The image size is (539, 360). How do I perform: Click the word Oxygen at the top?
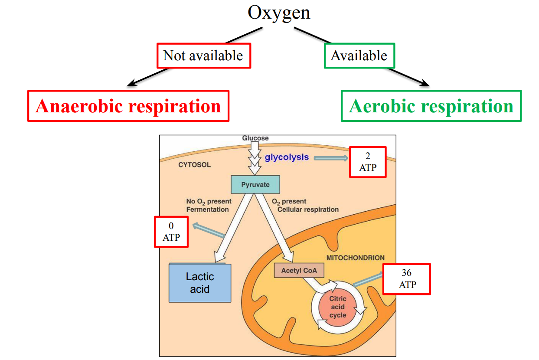[279, 13]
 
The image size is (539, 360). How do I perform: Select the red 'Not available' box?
[203, 56]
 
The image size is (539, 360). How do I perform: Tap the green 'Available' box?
[359, 56]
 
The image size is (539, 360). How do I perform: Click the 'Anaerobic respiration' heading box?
[128, 106]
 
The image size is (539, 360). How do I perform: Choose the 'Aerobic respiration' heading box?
[431, 106]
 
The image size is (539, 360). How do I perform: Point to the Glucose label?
[255, 138]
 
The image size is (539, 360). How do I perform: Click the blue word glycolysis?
[287, 157]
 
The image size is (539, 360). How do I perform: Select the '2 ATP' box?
[368, 162]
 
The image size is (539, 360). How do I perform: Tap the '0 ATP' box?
[171, 232]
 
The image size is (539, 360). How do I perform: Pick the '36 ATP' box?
[407, 279]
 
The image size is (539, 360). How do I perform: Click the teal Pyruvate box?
[255, 185]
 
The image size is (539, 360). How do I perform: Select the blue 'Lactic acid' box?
[199, 283]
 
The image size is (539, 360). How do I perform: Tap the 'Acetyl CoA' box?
[299, 271]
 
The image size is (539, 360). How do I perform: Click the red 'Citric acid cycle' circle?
[337, 307]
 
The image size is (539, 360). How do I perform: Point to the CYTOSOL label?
[194, 165]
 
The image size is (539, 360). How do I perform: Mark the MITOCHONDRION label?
[355, 258]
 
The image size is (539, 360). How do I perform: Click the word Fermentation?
[207, 209]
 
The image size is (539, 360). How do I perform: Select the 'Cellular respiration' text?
[308, 209]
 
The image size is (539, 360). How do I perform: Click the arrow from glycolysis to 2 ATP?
[331, 158]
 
